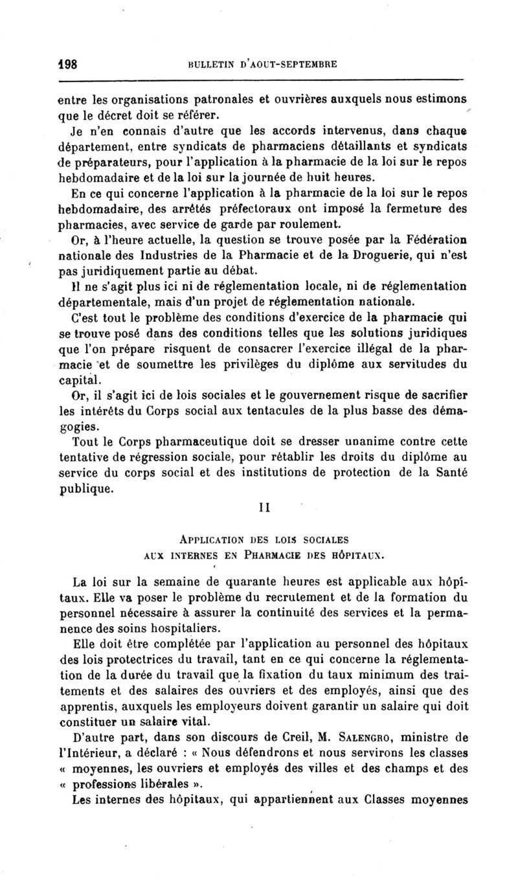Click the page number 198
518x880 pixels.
[x=65, y=63]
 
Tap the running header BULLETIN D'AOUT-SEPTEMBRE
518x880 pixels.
[x=262, y=63]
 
